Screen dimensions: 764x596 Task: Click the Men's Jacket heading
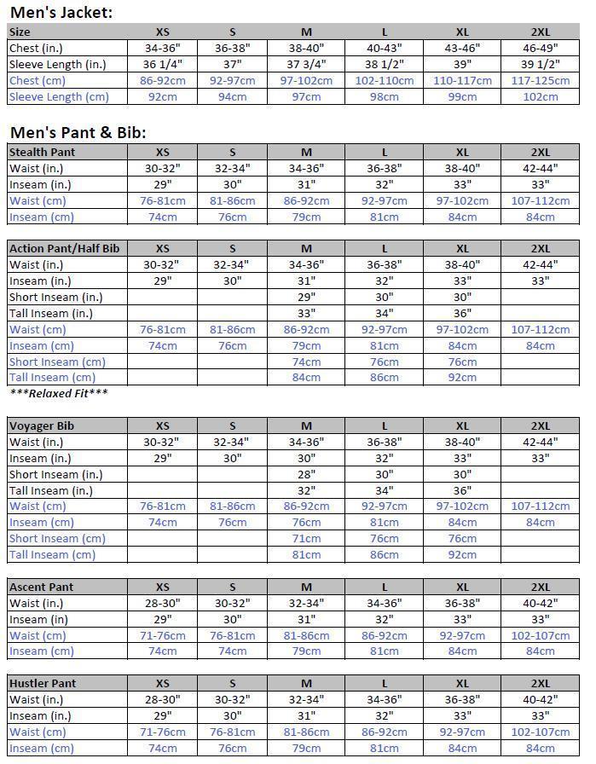pos(61,13)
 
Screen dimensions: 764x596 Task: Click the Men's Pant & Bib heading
pos(78,132)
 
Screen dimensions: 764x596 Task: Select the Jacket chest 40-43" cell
pos(385,48)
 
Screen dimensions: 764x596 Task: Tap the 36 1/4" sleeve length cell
pos(162,64)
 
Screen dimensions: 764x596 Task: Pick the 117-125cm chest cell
pos(540,80)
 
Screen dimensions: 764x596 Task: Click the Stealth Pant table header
pos(42,152)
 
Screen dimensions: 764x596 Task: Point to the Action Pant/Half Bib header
pos(64,248)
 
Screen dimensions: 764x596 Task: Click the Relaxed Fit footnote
pos(59,393)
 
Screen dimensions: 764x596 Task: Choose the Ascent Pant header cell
pos(41,587)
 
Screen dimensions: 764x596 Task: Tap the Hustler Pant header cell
pos(43,683)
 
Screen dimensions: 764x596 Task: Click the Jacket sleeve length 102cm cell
pos(540,96)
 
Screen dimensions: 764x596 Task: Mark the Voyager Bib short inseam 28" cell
pos(307,474)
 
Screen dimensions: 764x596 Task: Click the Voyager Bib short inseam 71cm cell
pos(307,538)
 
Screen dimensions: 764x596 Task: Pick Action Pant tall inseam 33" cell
pos(307,313)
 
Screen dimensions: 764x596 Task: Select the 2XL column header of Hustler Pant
pos(540,683)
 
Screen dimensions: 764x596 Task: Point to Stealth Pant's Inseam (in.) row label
pos(39,184)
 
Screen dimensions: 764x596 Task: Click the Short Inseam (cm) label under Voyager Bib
pos(57,538)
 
